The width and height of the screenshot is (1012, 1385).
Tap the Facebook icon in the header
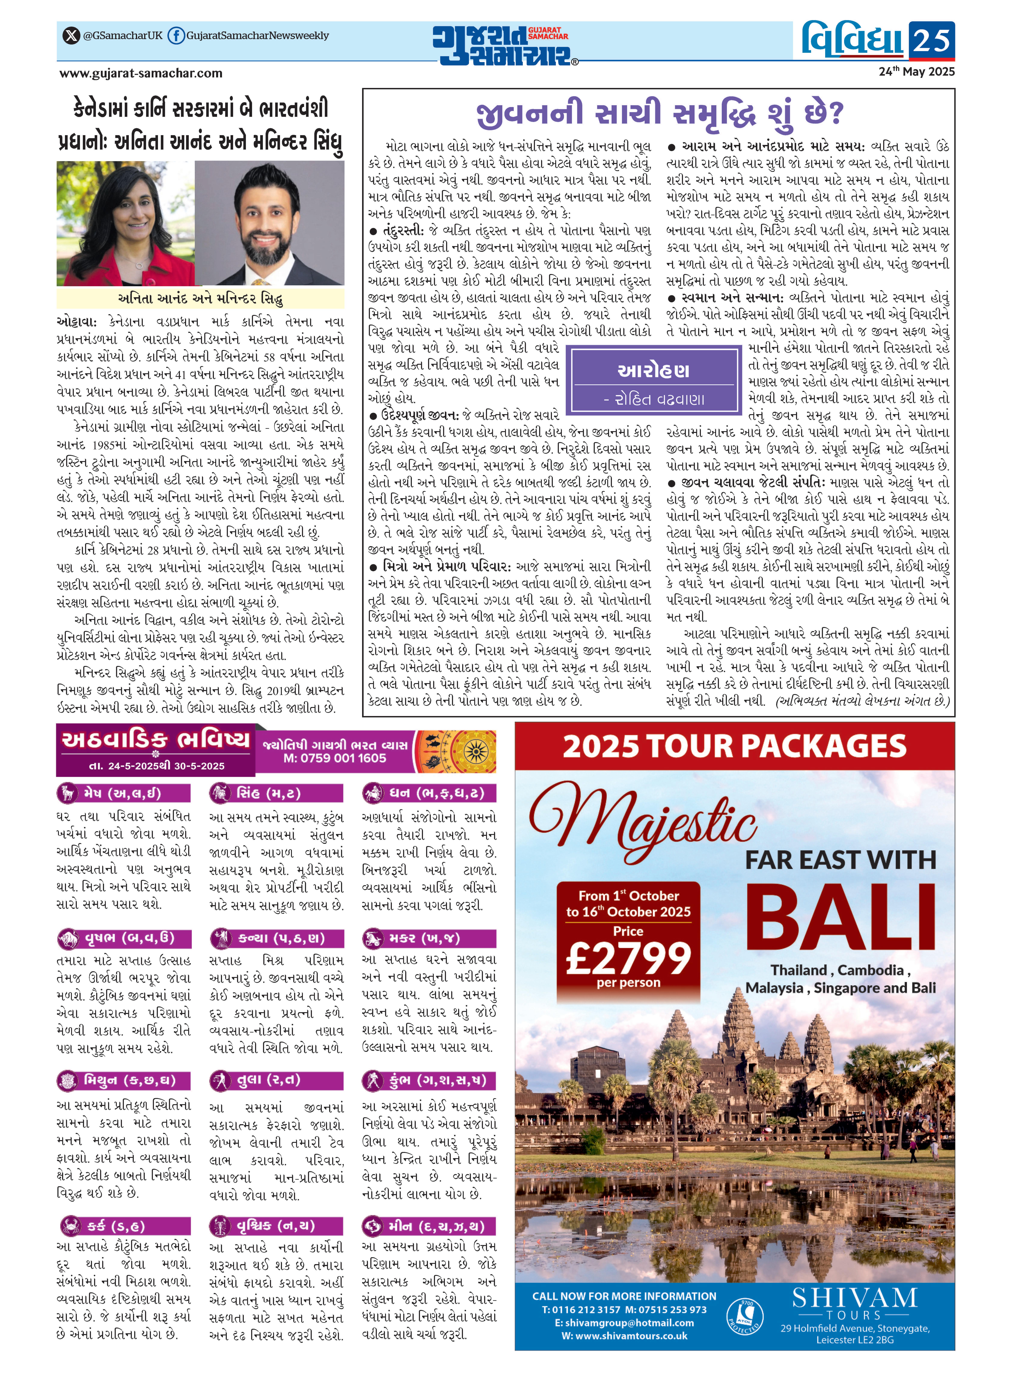coord(176,35)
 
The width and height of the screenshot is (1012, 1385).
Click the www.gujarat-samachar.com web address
coord(141,74)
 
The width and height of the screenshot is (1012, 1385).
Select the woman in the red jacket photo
coord(126,224)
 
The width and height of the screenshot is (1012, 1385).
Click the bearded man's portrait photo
coord(269,224)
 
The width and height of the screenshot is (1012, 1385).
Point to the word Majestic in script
coord(643,821)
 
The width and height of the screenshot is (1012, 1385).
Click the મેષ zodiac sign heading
coord(122,793)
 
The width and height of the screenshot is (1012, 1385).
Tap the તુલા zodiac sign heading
coord(276,1079)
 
